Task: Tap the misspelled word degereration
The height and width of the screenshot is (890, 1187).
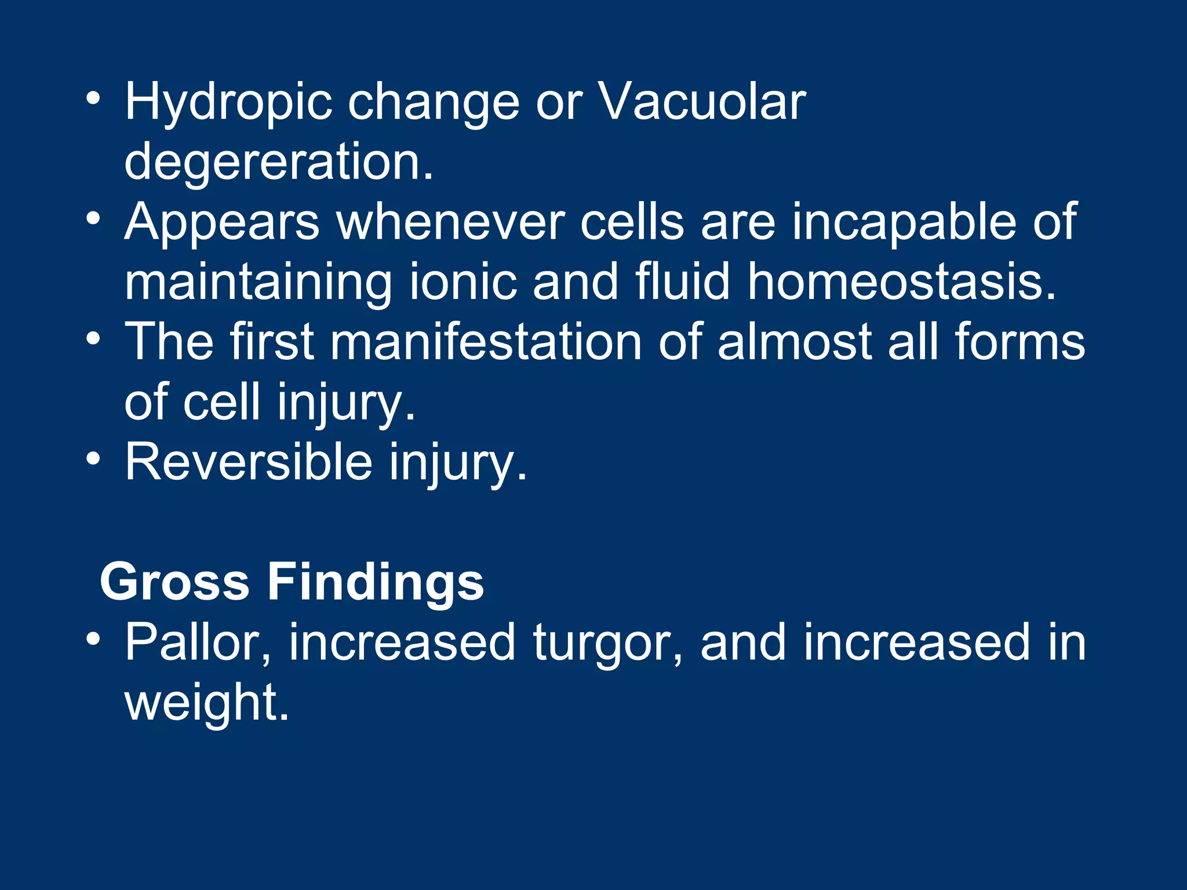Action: pos(279,163)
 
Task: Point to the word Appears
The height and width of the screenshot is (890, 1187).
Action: pos(222,224)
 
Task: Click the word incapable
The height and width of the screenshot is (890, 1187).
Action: pos(904,224)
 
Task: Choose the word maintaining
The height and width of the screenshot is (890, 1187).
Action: pos(258,284)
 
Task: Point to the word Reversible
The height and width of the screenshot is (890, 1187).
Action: pos(249,462)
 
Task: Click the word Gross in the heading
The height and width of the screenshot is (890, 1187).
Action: pos(174,582)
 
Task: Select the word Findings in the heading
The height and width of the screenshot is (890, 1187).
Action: pos(376,583)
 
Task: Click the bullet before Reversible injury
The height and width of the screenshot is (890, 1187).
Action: pos(93,459)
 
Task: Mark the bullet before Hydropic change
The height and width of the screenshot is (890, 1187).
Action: pos(93,98)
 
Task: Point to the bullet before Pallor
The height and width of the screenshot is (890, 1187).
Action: pos(93,640)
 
